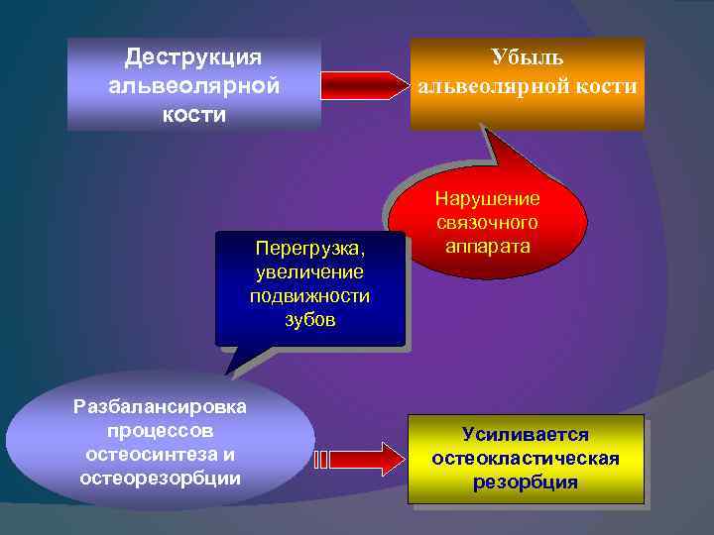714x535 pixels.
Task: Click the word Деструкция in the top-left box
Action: coord(193,56)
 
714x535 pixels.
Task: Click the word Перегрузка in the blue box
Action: coord(308,246)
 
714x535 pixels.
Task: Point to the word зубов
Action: coord(310,320)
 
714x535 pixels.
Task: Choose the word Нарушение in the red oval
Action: coord(487,199)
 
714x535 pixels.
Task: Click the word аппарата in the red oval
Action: coord(487,245)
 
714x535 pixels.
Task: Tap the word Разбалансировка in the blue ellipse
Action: coord(161,408)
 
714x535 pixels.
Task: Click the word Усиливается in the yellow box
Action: coord(526,435)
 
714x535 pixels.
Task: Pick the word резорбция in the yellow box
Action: coord(526,482)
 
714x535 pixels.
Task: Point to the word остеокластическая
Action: coord(526,459)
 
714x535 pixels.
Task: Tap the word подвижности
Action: coord(310,295)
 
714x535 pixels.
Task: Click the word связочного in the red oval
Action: coord(487,222)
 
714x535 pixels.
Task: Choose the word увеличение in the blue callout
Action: coord(310,270)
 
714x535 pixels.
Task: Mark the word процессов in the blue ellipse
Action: coord(161,432)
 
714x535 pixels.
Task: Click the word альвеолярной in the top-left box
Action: coord(193,85)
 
